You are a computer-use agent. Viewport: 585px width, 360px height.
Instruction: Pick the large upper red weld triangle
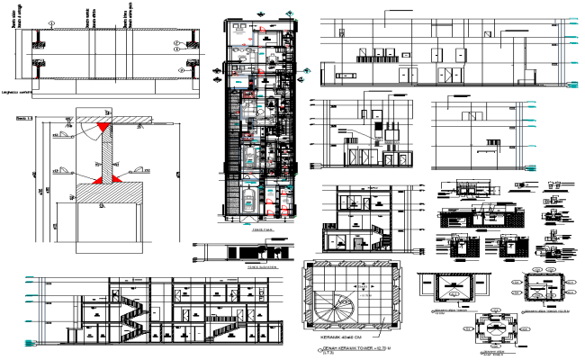[105, 130]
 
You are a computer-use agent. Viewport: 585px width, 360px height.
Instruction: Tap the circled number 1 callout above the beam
[52, 28]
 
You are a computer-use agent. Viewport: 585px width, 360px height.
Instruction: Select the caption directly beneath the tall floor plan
[264, 229]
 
